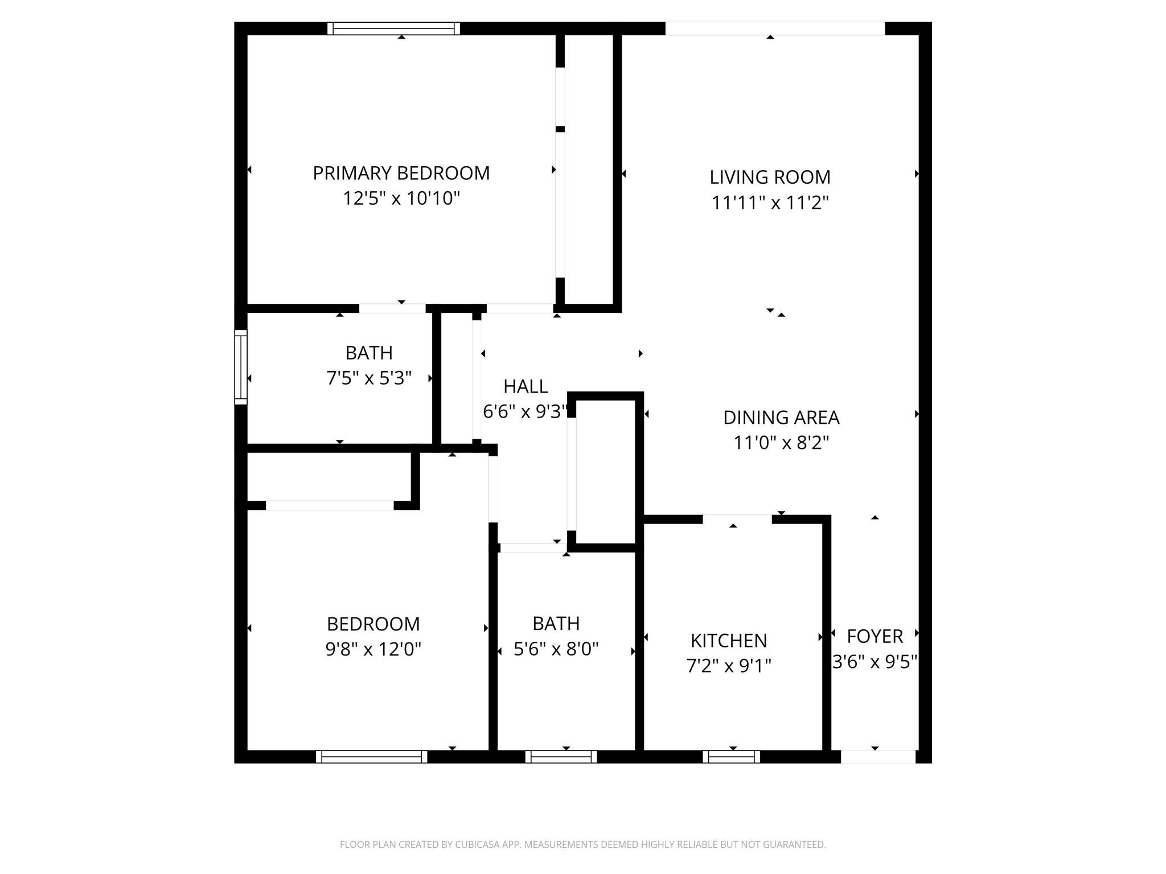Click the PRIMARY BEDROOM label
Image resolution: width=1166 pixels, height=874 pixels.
click(x=401, y=173)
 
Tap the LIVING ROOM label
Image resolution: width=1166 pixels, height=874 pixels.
click(x=770, y=177)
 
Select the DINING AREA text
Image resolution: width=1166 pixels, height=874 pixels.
click(x=781, y=418)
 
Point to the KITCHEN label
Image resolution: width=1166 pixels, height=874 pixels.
click(x=729, y=641)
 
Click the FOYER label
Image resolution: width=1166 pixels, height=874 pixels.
click(x=874, y=636)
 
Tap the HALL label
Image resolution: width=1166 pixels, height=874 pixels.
click(x=525, y=386)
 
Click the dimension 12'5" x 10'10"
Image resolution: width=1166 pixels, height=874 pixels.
click(x=401, y=199)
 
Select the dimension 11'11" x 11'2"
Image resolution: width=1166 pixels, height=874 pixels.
click(x=770, y=203)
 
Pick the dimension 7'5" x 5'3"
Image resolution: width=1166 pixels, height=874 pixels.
click(x=369, y=378)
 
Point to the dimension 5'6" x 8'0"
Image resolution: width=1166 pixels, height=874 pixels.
click(x=556, y=649)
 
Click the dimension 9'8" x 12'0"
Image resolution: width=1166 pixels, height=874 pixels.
click(x=373, y=649)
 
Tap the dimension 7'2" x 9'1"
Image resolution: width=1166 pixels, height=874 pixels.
click(x=729, y=666)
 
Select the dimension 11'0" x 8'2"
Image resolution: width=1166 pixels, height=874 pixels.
click(x=781, y=443)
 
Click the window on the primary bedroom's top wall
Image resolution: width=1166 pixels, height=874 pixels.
click(x=394, y=28)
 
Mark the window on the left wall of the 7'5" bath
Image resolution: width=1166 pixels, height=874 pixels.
click(x=241, y=367)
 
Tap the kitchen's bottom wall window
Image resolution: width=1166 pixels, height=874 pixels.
click(x=732, y=757)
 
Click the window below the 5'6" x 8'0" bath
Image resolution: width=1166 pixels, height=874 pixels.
click(x=561, y=757)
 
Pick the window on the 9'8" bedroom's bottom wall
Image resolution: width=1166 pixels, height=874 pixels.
click(x=371, y=757)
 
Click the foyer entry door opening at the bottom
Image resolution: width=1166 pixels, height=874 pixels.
click(x=878, y=757)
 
